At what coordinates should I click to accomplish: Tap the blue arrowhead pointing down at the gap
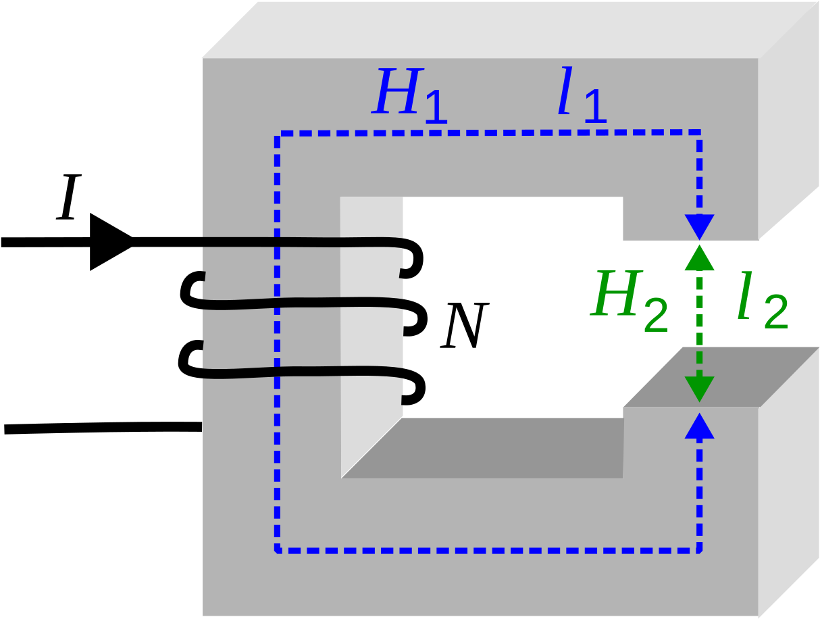point(699,227)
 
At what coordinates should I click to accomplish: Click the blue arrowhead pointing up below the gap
point(699,426)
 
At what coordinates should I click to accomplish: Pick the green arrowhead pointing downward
point(699,389)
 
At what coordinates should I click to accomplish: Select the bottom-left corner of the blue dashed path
point(278,550)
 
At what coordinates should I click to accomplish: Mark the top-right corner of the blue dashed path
point(699,132)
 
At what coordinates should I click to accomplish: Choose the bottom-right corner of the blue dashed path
point(699,550)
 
